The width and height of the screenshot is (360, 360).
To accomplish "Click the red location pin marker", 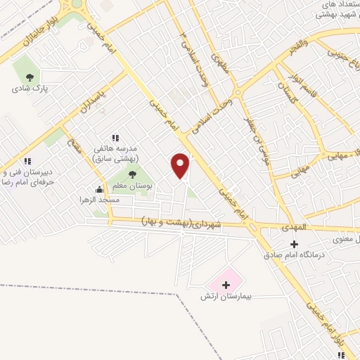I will coord(181,166).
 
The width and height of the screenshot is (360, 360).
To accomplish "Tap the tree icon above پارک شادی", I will coord(30,78).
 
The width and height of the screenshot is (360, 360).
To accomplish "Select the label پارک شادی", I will coord(29,89).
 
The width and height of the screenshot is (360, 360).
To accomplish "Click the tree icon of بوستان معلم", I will coord(132,174).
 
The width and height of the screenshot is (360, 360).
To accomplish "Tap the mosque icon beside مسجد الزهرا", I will coord(100,188).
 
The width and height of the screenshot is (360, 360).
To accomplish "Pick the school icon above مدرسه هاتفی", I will coord(116,138).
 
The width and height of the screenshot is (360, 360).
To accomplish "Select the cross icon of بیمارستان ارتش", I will coord(226,285).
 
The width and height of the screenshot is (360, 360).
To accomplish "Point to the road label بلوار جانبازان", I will coord(26,34).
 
